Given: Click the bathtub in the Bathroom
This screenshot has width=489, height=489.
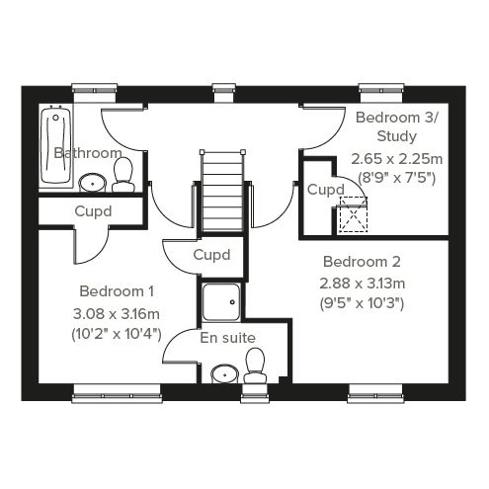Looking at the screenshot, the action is click(x=55, y=144).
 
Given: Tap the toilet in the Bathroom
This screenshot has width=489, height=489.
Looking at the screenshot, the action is click(x=123, y=175).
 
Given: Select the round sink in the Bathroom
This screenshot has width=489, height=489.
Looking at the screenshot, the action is click(x=93, y=183).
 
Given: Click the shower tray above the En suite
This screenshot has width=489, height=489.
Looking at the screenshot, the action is click(x=221, y=302).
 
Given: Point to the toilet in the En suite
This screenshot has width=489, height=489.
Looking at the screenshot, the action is click(x=255, y=366).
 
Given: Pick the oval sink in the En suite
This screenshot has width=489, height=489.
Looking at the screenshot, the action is click(x=225, y=374).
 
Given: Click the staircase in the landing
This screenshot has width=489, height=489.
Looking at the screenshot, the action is click(x=222, y=191).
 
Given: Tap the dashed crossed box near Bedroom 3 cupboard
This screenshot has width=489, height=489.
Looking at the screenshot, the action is click(x=354, y=214).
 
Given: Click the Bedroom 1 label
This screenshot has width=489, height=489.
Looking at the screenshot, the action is click(x=117, y=291).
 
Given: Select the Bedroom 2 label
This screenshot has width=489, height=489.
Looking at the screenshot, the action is click(x=362, y=262).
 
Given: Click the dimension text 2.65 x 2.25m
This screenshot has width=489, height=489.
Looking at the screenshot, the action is click(x=396, y=159).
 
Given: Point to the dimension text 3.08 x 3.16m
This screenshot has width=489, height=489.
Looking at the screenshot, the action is click(x=117, y=314).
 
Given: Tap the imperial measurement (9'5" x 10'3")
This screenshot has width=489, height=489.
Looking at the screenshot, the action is click(x=362, y=303).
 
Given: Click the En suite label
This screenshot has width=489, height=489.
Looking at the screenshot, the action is click(x=227, y=338).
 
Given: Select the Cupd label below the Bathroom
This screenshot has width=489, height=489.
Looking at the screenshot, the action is click(x=93, y=211).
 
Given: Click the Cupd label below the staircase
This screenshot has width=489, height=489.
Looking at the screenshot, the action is click(x=211, y=255).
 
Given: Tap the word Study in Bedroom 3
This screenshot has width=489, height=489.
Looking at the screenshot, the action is click(x=396, y=136).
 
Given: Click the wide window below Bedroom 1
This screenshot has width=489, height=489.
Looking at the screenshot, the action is click(x=117, y=393).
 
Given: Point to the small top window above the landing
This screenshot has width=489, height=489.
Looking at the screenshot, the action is click(x=224, y=93).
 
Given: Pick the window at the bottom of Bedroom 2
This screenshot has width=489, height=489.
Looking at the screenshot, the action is click(x=375, y=393).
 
